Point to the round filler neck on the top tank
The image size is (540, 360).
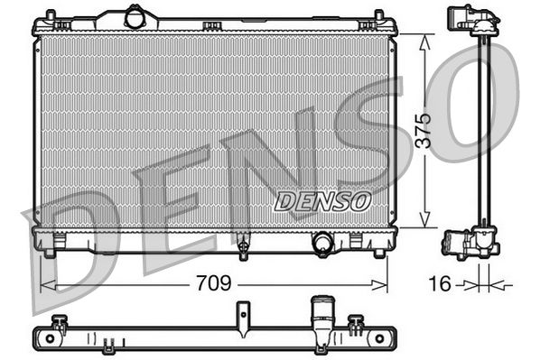135,16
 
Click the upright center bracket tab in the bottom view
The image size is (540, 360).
243,316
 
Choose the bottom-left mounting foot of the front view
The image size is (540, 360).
60,241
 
